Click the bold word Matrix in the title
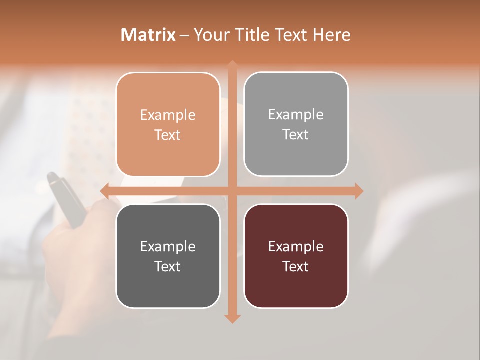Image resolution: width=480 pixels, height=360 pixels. pos(148,35)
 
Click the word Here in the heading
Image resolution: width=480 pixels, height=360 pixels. pos(331,35)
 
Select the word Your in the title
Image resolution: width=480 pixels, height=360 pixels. pos(210,35)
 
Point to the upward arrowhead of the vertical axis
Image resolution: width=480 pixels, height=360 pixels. pos(232,65)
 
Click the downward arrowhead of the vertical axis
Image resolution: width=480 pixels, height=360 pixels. pos(232,318)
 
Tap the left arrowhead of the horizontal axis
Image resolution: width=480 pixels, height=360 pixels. pos(105,191)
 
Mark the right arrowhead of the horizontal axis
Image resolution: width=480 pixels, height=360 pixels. pos(358,191)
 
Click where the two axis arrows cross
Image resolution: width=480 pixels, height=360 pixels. pos(232,191)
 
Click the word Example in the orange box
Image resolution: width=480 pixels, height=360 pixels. pos(168,115)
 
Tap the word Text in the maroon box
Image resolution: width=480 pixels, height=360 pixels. pos(296,266)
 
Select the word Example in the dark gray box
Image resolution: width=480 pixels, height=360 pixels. pos(168,247)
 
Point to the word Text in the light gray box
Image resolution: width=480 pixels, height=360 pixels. pos(296,135)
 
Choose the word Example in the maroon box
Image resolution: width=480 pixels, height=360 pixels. pos(296,247)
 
